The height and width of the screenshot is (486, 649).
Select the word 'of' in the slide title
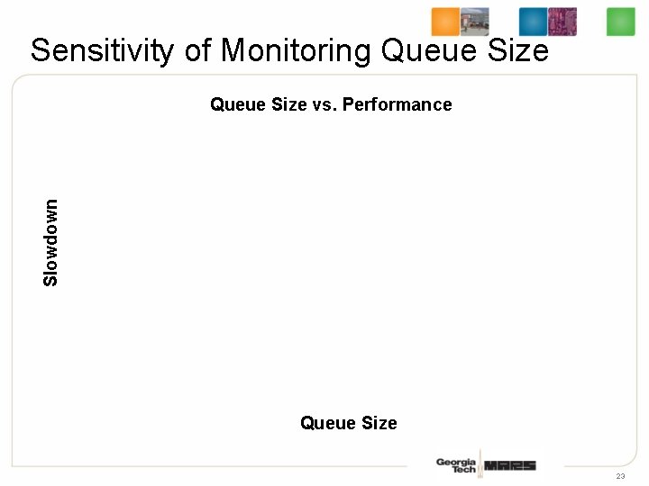pyautogui.click(x=198, y=50)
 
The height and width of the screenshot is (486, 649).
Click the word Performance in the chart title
pyautogui.click(x=398, y=104)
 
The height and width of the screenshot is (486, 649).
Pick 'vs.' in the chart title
pyautogui.click(x=324, y=104)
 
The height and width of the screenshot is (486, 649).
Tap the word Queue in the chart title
pyautogui.click(x=233, y=104)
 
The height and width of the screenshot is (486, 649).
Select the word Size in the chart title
pyautogui.click(x=284, y=104)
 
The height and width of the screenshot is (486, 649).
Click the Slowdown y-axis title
pyautogui.click(x=51, y=243)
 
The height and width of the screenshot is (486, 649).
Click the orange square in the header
pyautogui.click(x=444, y=22)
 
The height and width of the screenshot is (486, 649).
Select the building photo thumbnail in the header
pyautogui.click(x=475, y=22)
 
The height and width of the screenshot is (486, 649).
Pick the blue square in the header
pyautogui.click(x=533, y=22)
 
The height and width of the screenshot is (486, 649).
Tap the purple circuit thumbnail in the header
pyautogui.click(x=562, y=22)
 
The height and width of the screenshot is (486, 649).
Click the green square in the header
pyautogui.click(x=620, y=22)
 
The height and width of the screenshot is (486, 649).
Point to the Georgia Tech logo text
pyautogui.click(x=456, y=465)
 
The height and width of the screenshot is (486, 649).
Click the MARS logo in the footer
pyautogui.click(x=510, y=465)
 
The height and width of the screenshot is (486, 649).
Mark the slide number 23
pyautogui.click(x=620, y=476)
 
